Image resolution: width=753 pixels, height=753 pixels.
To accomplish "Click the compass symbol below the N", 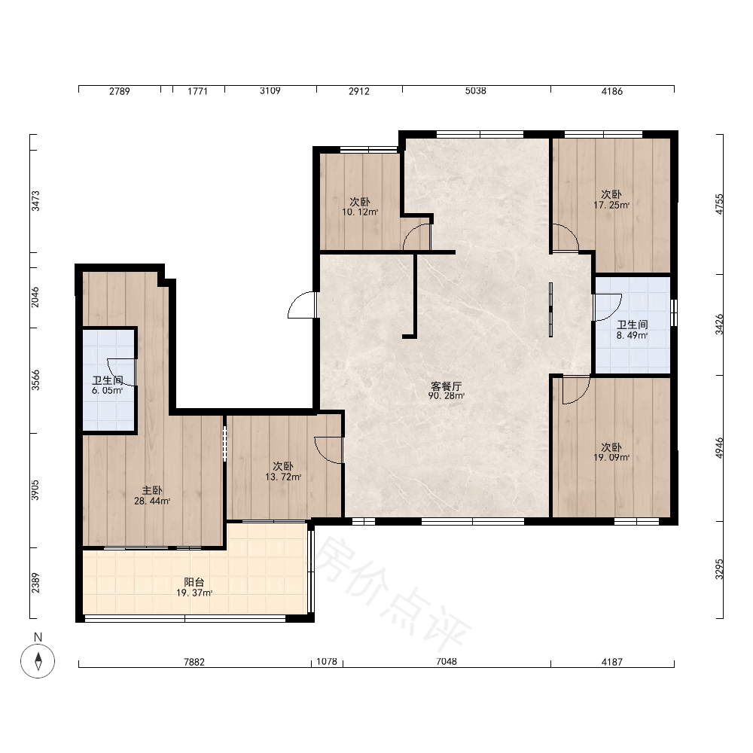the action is pos(38,661).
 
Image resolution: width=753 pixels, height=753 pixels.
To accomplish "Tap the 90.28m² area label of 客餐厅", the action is pos(446,396).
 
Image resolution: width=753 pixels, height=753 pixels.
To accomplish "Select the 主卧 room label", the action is pos(152,490).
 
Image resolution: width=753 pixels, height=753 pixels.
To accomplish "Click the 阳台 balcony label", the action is pos(194,582).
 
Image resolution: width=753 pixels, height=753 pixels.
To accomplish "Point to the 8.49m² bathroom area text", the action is pos(632,335).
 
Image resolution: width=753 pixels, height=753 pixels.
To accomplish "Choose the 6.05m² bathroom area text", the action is pos(108,390).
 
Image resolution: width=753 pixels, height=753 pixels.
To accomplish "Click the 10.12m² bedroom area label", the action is pos(360,212).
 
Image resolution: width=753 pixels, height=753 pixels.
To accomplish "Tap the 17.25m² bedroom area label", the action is pos(611,205).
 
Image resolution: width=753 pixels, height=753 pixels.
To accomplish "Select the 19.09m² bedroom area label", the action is pos(611,458).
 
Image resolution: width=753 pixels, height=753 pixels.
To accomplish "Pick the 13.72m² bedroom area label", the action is pos(283,477).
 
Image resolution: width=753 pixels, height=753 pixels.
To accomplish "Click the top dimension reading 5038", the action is pos(475,91).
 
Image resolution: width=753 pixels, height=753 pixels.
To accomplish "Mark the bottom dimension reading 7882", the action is pos(194,662).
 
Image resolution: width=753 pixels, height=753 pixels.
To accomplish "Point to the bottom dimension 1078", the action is pos(327,662).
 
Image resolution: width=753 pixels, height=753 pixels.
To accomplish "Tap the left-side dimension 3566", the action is pos(35,380).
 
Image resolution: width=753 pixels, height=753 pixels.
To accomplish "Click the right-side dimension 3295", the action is pos(719,569).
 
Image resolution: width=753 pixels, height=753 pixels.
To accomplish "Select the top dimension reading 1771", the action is pos(197,91).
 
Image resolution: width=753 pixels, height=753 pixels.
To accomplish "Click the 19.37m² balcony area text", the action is pos(194,593).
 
